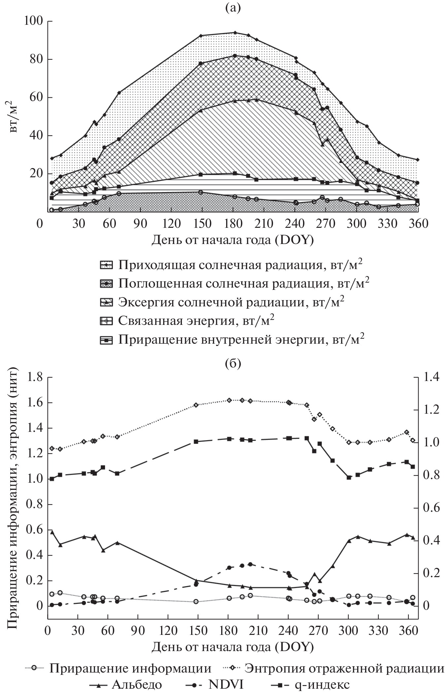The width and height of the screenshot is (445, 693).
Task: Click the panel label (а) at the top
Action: pos(233,7)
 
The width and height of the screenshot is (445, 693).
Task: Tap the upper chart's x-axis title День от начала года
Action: pos(232,240)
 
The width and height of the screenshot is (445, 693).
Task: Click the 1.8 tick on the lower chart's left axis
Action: pos(36,377)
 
